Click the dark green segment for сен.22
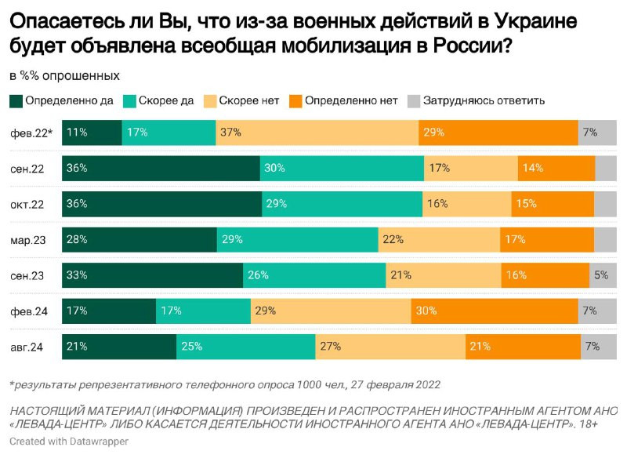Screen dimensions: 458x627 (x=161, y=169)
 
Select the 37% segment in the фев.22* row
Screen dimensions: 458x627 (x=317, y=133)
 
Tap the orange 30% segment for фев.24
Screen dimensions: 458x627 (x=495, y=311)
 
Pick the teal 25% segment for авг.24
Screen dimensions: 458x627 (x=245, y=347)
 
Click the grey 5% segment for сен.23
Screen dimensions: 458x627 (x=603, y=275)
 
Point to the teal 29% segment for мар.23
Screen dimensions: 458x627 (x=297, y=240)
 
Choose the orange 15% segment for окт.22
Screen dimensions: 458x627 (x=553, y=204)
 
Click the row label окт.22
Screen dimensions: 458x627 (x=28, y=204)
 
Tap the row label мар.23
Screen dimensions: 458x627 (x=28, y=240)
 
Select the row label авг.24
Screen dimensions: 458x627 (x=28, y=347)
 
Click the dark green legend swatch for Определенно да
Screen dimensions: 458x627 (x=16, y=100)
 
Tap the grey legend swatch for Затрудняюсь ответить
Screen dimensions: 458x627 (x=412, y=100)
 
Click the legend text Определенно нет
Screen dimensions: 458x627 (x=351, y=100)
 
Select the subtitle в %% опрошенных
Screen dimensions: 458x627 (x=64, y=76)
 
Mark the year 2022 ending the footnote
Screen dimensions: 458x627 (x=423, y=385)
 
